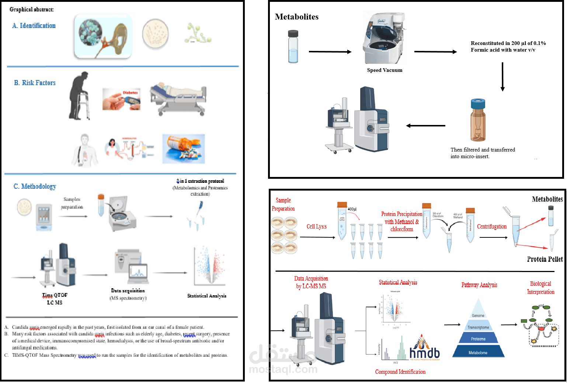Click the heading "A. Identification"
pos(34,25)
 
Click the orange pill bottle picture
pos(184,149)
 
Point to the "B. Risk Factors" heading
pos(35,83)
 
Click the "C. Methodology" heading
pos(35,187)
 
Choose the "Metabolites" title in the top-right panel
pos(297,17)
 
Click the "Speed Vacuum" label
pos(385,70)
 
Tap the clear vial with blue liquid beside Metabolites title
pos(293,47)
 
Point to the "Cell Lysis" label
pos(317,227)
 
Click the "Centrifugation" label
pos(492,227)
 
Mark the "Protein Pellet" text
pos(545,259)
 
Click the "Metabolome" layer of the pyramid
pos(478,352)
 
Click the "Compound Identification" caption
pos(400,372)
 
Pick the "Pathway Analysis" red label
pos(479,285)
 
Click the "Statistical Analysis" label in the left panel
pos(207,296)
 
